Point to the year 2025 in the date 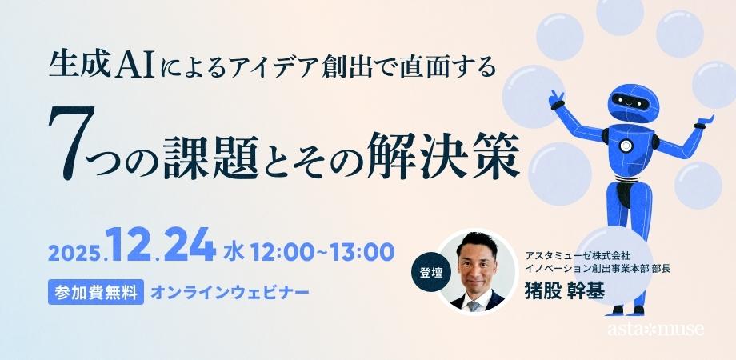74,253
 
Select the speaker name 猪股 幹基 564,289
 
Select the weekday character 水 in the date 233,251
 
